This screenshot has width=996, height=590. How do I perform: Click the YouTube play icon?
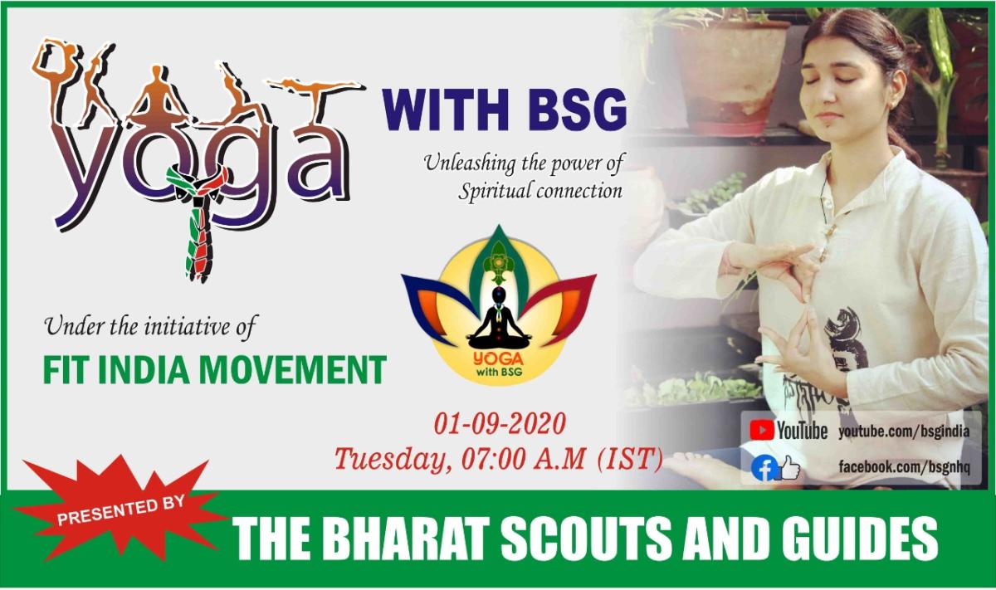coord(762,430)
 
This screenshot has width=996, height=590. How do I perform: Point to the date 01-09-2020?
coord(500,426)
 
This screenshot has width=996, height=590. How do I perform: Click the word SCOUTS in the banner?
coord(601,539)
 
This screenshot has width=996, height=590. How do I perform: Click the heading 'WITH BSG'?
coord(503,112)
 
